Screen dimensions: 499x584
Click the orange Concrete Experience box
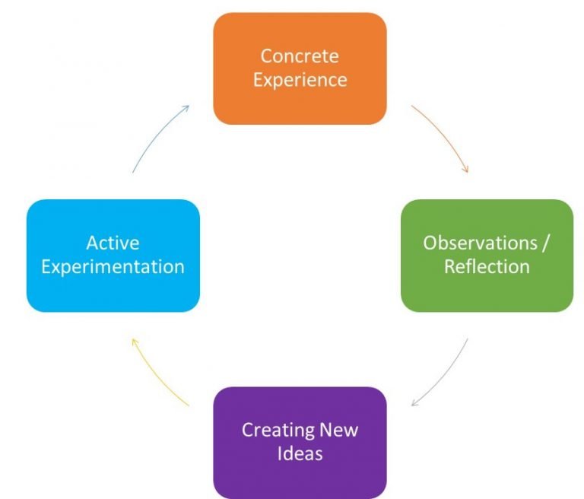[300, 68]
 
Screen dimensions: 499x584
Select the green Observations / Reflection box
[487, 256]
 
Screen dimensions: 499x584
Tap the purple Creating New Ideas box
[300, 443]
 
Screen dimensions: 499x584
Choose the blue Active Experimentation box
[113, 256]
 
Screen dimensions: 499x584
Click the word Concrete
[300, 56]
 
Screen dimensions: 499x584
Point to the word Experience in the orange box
[300, 80]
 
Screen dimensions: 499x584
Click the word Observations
[479, 243]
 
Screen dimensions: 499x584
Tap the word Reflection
[487, 267]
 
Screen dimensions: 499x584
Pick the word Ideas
[300, 454]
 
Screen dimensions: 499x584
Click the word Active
[113, 243]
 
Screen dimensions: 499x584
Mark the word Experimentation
[113, 267]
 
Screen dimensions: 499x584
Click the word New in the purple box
[340, 430]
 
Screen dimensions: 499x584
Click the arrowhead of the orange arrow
[465, 170]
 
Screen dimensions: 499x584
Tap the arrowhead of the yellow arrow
[134, 342]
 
